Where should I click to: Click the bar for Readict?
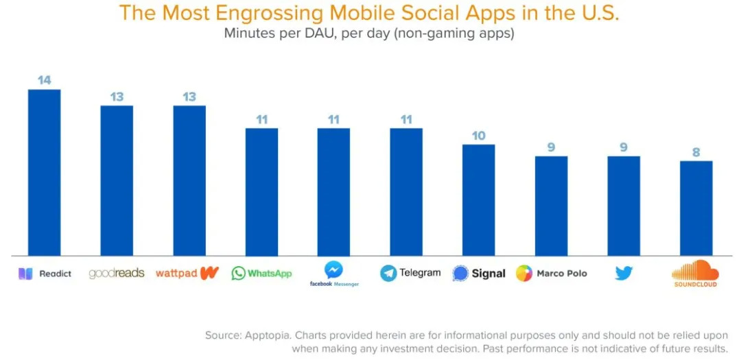44,173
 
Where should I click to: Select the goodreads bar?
117,181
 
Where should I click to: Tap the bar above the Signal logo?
478,200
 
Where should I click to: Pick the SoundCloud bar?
696,208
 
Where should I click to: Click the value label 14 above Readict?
44,80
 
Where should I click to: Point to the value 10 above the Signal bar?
478,135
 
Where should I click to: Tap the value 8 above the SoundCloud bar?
696,152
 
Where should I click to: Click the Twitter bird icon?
623,273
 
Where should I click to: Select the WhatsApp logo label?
261,273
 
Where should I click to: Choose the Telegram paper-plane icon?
388,273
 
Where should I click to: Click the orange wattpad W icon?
209,272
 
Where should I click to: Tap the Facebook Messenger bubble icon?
334,269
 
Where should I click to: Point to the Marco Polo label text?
561,274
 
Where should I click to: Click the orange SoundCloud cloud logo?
695,269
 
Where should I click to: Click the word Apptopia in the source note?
277,335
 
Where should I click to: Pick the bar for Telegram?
406,192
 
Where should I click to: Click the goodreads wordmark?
117,273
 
